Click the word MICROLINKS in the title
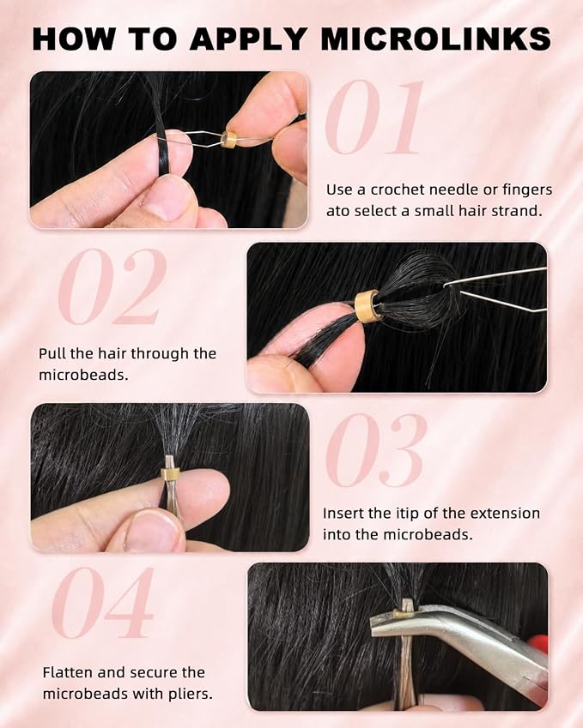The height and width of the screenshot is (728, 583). [435, 39]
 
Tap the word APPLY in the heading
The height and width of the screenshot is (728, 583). [247, 39]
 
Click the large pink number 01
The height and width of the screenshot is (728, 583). [375, 117]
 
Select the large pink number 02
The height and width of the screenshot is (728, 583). [113, 286]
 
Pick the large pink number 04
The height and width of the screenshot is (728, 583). [103, 602]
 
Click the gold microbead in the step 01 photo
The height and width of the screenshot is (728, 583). [229, 139]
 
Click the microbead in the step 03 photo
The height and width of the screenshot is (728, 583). [170, 473]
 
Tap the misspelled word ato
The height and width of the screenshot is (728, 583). [337, 211]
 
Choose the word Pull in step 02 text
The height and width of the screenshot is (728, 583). [52, 353]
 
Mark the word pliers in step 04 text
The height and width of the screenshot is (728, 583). [190, 695]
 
